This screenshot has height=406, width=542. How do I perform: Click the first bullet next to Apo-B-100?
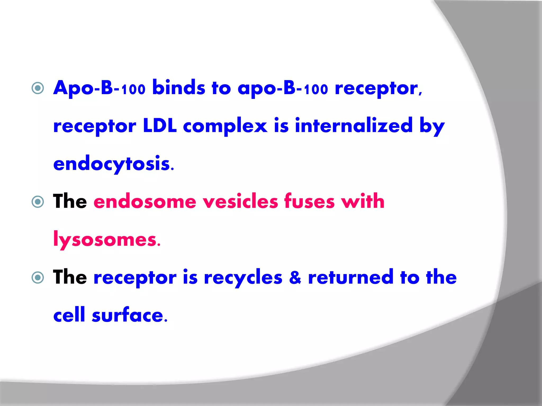38,88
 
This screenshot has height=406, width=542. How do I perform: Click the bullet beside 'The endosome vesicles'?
38,202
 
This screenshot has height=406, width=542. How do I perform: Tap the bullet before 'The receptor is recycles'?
38,278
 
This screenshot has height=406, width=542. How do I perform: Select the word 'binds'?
179,88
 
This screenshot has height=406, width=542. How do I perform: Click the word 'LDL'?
160,126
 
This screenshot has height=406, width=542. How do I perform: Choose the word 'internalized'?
354,126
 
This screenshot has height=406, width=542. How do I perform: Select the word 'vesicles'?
240,202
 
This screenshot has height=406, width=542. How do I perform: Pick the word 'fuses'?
309,202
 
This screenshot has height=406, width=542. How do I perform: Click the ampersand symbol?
295,278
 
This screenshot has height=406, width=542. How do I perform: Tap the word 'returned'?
351,278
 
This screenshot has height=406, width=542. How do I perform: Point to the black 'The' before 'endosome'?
70,202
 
